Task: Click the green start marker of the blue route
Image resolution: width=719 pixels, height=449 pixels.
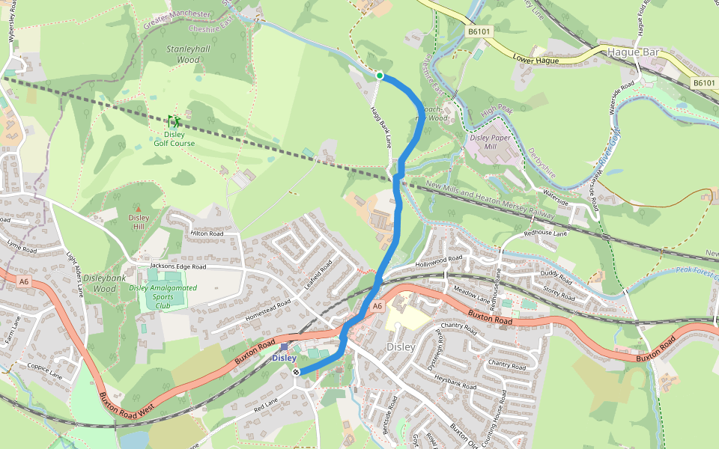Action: click(x=380, y=76)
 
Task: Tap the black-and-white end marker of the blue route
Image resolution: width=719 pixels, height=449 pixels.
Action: click(x=297, y=372)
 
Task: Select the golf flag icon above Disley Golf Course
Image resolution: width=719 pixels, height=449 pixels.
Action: click(x=175, y=121)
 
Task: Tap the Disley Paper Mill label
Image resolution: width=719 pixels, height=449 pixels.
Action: click(x=491, y=142)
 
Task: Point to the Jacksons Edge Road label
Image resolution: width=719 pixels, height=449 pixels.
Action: click(x=178, y=266)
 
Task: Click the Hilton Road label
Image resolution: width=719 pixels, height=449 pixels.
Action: click(x=207, y=233)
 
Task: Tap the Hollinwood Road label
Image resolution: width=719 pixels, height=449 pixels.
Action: click(x=440, y=262)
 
